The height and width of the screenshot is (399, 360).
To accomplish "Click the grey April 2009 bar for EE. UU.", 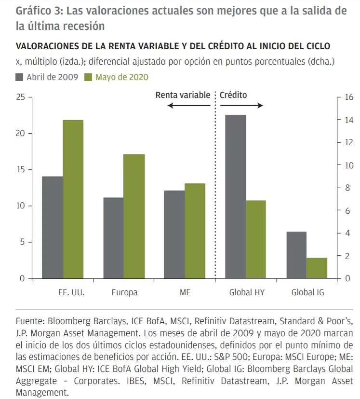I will pyautogui.click(x=53, y=227).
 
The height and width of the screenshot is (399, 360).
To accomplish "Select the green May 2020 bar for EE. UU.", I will pyautogui.click(x=73, y=199).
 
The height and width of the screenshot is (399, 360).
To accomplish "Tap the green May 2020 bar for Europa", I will pyautogui.click(x=134, y=216).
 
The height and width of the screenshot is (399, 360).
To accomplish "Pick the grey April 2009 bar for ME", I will pyautogui.click(x=174, y=234).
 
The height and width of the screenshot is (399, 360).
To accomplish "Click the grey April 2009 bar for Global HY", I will pyautogui.click(x=236, y=196).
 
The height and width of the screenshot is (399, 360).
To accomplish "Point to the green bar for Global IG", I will pyautogui.click(x=317, y=268).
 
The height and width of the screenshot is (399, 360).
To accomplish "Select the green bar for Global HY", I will pyautogui.click(x=256, y=239).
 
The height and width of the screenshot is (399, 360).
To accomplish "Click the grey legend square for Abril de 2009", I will pyautogui.click(x=20, y=77).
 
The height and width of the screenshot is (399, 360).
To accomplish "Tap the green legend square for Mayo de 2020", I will pyautogui.click(x=89, y=77).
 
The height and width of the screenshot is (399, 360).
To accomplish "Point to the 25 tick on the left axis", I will pyautogui.click(x=21, y=97).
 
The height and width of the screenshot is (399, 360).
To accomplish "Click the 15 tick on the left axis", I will pyautogui.click(x=21, y=170).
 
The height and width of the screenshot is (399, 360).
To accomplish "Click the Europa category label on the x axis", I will pyautogui.click(x=124, y=292).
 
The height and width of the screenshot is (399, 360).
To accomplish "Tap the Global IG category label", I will pyautogui.click(x=307, y=292).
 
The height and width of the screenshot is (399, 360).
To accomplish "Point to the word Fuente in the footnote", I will pyautogui.click(x=30, y=320).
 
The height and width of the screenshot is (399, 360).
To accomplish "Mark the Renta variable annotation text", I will pyautogui.click(x=183, y=95).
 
